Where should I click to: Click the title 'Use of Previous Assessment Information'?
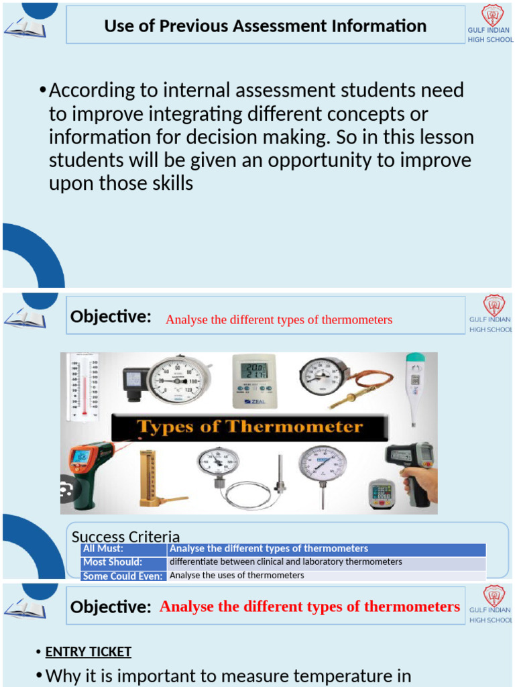[x=265, y=26]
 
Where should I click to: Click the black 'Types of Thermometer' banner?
[x=249, y=427]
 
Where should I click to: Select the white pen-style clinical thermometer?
[x=414, y=386]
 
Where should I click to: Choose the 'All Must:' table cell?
[x=123, y=549]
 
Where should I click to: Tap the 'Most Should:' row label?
[x=123, y=562]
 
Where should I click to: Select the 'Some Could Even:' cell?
[x=123, y=576]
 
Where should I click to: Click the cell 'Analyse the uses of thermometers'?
[x=237, y=576]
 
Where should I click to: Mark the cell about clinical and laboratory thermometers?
[x=286, y=562]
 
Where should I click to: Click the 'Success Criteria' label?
[x=125, y=536]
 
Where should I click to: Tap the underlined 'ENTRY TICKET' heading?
[x=88, y=651]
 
